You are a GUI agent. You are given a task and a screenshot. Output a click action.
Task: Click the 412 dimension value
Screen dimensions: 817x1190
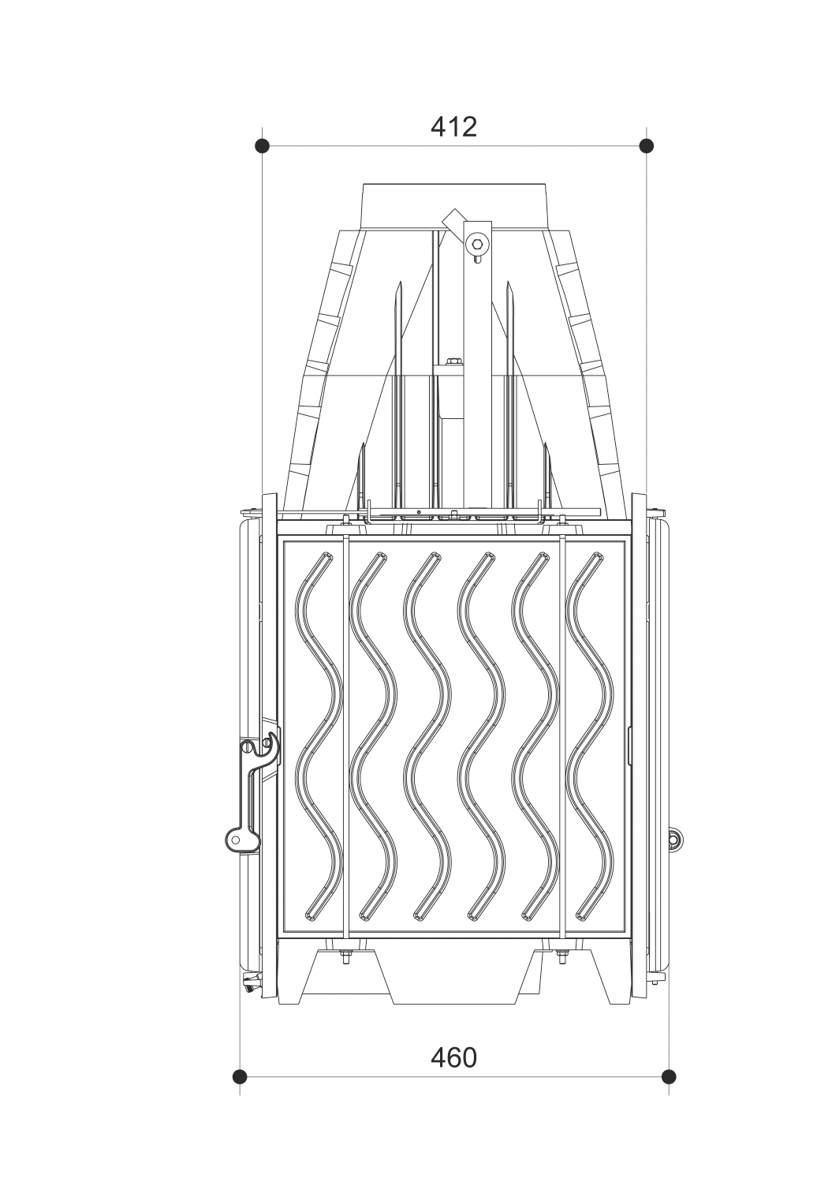click(454, 127)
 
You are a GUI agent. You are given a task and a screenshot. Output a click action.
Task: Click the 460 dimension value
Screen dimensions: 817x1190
click(454, 1057)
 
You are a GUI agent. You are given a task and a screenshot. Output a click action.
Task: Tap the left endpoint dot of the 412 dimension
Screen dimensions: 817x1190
click(263, 145)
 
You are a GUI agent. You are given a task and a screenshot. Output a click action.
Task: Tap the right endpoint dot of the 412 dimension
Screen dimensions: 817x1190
click(646, 145)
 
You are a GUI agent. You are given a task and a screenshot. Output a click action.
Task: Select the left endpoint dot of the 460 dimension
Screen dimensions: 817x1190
click(240, 1077)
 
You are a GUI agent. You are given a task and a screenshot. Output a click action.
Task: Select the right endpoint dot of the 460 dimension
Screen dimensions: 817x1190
click(669, 1077)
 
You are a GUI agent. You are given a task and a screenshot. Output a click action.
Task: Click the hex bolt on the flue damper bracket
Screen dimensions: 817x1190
click(477, 244)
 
